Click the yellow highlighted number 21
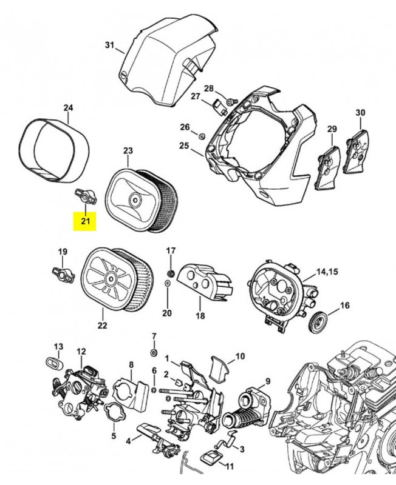point(85,221)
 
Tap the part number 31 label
point(109,45)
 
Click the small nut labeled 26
point(202,133)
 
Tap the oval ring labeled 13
point(53,362)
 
